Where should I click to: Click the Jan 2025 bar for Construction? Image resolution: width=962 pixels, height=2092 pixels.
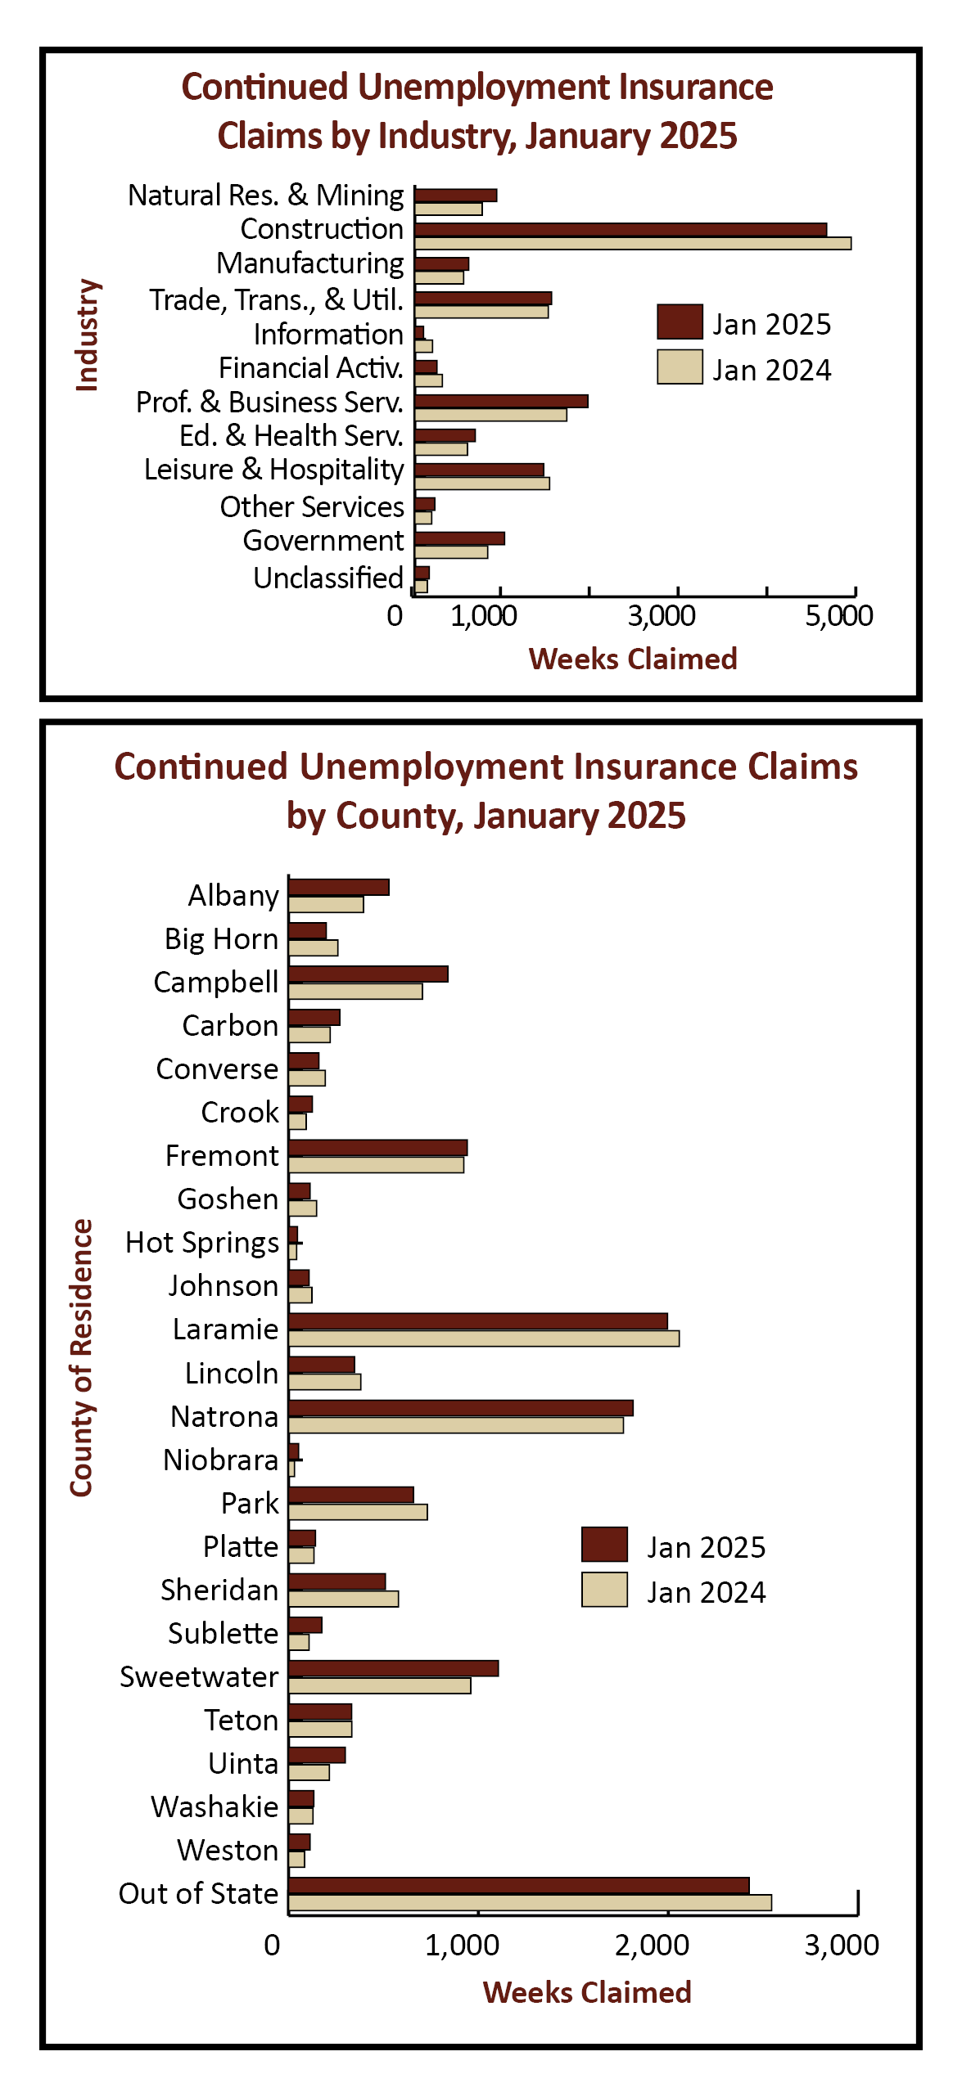(x=621, y=230)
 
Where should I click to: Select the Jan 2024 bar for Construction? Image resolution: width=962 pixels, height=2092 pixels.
(x=633, y=243)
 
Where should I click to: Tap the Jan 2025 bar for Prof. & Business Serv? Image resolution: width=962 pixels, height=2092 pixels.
(x=501, y=401)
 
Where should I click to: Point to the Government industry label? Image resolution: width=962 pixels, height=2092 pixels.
(x=323, y=541)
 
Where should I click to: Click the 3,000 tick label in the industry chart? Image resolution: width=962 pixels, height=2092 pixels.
(x=662, y=616)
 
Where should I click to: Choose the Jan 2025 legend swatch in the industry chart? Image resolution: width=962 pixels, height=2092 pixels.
(x=680, y=322)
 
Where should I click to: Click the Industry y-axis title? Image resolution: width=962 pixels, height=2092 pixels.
(x=87, y=335)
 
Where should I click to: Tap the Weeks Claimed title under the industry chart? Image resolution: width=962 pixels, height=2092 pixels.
(x=633, y=659)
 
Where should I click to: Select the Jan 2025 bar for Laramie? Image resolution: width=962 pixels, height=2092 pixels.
(x=478, y=1321)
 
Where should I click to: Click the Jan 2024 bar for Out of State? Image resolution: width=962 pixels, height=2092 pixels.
(x=530, y=1903)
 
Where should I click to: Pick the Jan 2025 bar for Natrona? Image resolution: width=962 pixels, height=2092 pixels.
(x=461, y=1408)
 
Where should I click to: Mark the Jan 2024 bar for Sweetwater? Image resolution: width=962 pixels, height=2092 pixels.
(x=380, y=1685)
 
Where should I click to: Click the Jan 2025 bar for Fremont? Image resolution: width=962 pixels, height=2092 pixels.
(x=378, y=1147)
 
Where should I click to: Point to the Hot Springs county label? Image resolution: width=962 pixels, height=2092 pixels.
(x=202, y=1243)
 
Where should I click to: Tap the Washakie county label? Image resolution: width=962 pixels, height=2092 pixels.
(x=215, y=1807)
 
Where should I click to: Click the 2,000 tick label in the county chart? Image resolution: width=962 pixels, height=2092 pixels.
(x=652, y=1946)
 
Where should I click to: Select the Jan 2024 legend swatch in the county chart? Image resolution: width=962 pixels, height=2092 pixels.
(x=604, y=1590)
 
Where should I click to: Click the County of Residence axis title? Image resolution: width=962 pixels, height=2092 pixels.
(x=81, y=1358)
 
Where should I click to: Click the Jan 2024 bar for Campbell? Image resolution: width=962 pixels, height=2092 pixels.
(x=355, y=992)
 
